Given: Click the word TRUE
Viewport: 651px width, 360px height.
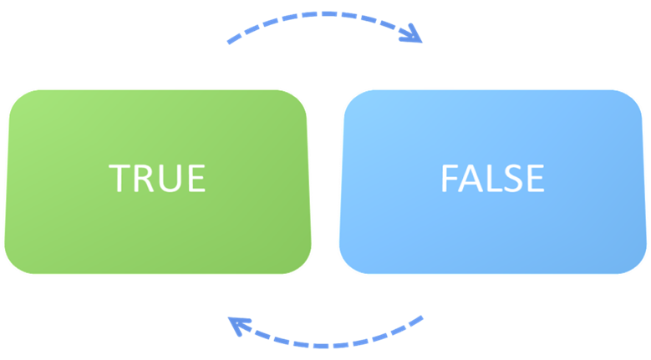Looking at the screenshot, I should (x=157, y=178).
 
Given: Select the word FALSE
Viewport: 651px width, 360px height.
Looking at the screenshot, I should (x=492, y=178).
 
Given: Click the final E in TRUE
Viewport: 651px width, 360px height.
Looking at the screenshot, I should (x=195, y=178).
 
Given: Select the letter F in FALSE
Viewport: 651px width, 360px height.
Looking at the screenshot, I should (x=449, y=178).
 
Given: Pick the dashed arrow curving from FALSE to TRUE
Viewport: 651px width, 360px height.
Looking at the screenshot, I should (x=326, y=341).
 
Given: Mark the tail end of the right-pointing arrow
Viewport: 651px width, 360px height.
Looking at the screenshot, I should (x=230, y=41).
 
